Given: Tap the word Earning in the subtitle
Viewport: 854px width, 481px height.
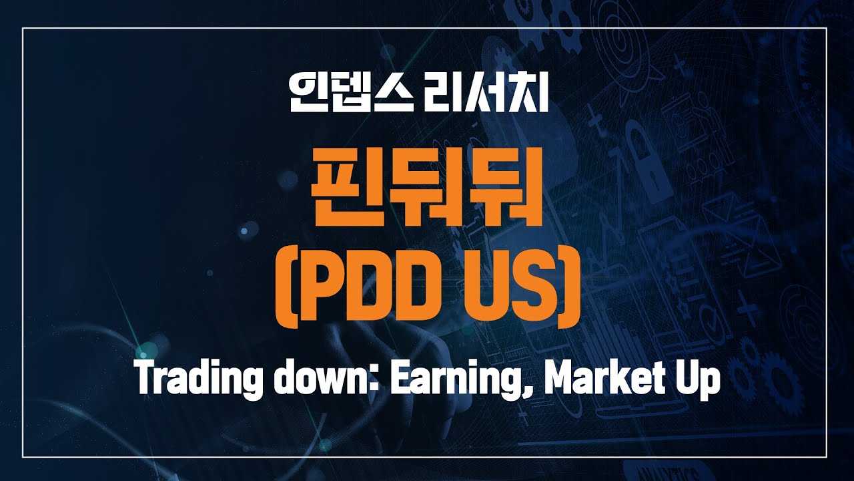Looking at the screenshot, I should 446,381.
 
